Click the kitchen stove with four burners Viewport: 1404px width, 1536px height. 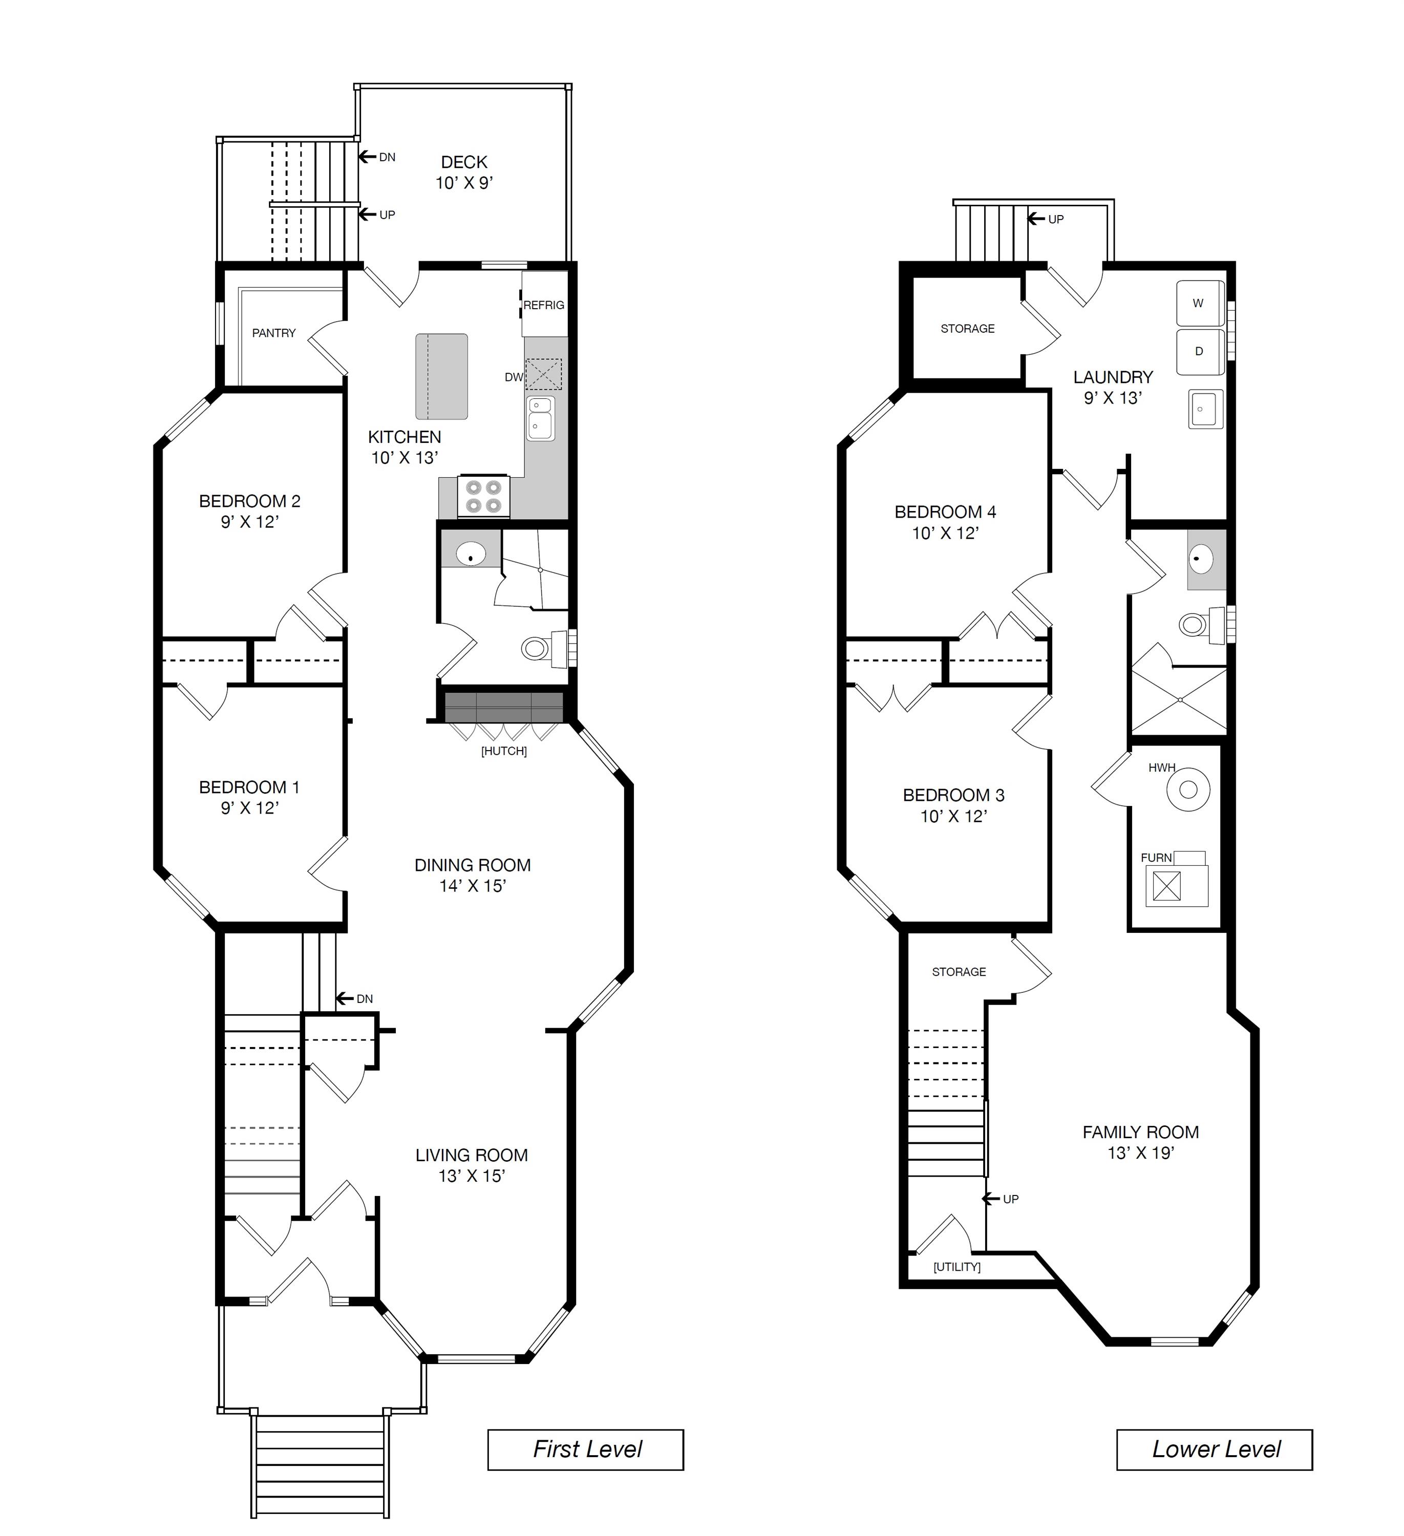click(483, 496)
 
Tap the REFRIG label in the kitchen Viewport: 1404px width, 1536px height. click(543, 305)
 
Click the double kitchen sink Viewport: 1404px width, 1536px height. click(540, 417)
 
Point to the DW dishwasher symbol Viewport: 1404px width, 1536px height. click(543, 374)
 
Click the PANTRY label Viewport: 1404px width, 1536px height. click(273, 333)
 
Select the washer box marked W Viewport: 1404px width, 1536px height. click(1199, 303)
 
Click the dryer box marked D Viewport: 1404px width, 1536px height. click(1199, 351)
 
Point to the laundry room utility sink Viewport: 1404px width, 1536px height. click(1205, 409)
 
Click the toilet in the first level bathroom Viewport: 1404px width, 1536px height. click(536, 648)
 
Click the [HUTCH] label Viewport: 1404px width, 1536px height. click(503, 751)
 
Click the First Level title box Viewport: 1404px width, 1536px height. click(585, 1449)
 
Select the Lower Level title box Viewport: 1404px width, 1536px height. click(1215, 1449)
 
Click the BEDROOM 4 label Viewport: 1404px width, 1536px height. click(945, 512)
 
